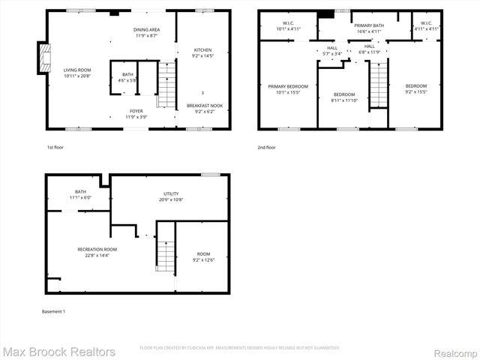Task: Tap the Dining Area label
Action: [146, 32]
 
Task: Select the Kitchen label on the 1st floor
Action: [202, 52]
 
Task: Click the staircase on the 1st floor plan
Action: [166, 86]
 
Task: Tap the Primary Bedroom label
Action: [288, 89]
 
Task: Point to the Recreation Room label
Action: [97, 251]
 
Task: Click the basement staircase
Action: [166, 256]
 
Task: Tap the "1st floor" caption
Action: [55, 148]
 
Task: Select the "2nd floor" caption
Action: [266, 148]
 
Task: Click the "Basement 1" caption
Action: [53, 311]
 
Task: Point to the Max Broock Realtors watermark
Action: [58, 352]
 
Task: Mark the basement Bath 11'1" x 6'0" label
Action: [79, 194]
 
